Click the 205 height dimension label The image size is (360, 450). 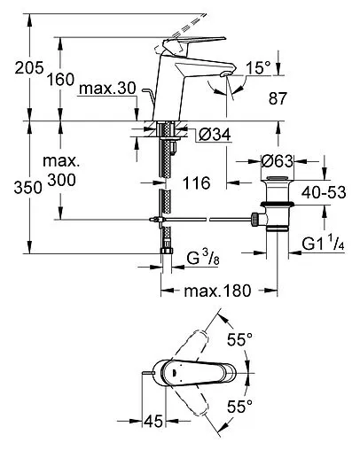[x=29, y=68]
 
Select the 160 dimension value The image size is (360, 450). [x=61, y=80]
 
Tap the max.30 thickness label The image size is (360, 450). [x=107, y=88]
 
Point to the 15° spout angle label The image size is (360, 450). [x=258, y=67]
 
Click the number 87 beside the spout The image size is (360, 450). [x=278, y=98]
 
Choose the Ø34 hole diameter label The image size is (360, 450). [x=215, y=135]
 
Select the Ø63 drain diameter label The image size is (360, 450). [x=278, y=161]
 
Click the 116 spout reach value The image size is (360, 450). [x=197, y=183]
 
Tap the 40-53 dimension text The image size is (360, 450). [x=324, y=192]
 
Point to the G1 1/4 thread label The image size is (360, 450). [x=324, y=244]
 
